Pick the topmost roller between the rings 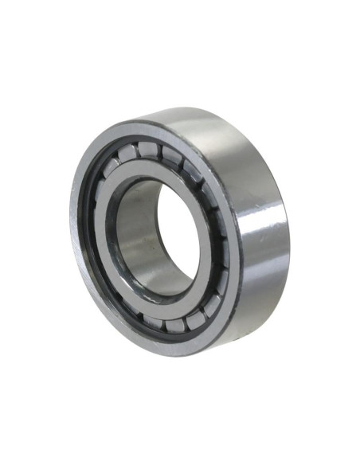coord(147,149)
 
